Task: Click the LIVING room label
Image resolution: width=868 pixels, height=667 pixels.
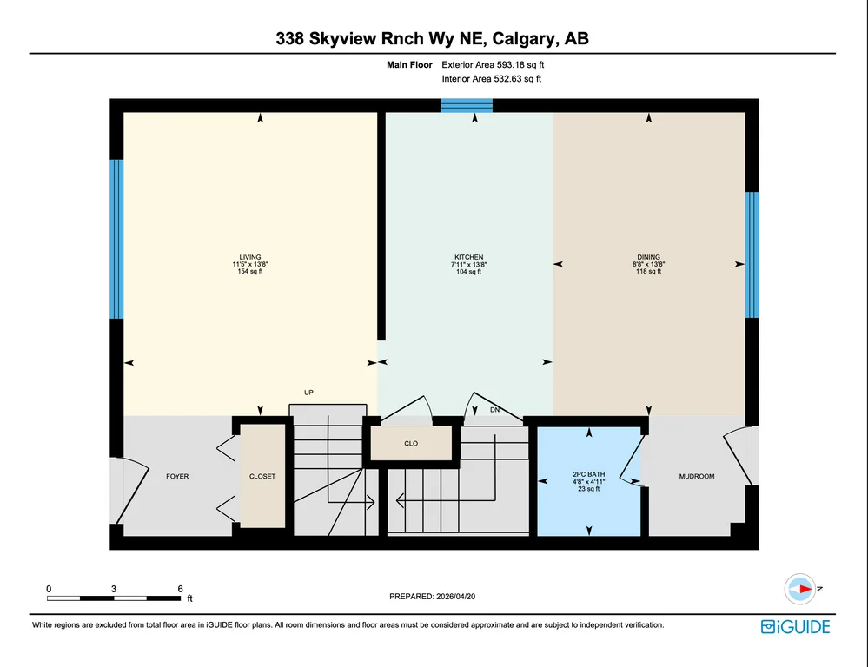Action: (250, 257)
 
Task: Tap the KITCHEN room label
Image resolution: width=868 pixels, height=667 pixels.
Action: (469, 257)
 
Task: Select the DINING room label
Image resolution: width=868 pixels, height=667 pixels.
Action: (649, 257)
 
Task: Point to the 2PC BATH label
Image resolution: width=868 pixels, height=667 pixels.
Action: (589, 474)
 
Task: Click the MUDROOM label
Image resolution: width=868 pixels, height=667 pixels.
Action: (697, 476)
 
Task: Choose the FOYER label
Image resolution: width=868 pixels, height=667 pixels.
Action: (177, 476)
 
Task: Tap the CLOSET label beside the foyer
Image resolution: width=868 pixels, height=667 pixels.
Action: (262, 476)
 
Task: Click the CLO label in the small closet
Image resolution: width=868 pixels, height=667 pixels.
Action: (411, 444)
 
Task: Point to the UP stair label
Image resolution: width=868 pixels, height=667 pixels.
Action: (309, 393)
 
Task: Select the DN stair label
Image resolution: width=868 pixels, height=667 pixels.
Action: (495, 410)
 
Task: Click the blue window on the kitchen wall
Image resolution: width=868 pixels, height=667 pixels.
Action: (467, 105)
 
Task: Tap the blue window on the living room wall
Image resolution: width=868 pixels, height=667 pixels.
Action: (116, 239)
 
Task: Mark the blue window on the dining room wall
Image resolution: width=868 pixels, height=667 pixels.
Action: (752, 254)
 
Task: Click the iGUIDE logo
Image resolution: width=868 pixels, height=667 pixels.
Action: (796, 626)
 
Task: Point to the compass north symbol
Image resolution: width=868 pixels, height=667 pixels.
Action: (800, 589)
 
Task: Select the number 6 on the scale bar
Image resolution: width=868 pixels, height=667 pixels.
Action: (180, 589)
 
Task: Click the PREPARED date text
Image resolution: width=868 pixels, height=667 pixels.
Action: (433, 596)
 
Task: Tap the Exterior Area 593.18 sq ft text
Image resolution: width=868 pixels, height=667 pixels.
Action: (493, 65)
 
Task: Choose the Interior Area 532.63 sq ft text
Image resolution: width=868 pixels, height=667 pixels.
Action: (492, 79)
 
